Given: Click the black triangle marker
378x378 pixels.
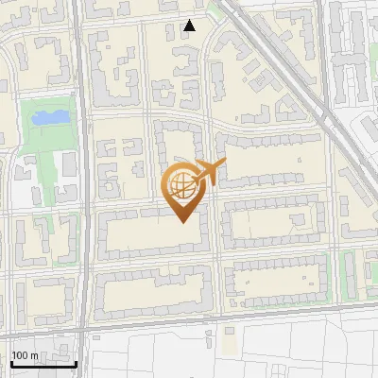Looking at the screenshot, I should point(190,26).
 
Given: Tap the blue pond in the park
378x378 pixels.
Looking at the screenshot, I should point(49,118).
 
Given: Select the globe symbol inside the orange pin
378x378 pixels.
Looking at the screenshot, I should point(180,185).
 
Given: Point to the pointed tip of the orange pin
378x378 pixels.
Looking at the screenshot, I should point(181,222).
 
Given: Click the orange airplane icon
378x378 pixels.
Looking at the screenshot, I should point(209,172).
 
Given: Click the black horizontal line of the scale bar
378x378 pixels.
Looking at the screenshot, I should point(43,364).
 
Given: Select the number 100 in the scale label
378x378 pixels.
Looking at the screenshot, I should point(20,356).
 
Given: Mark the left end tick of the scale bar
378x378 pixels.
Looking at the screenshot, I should point(11,362).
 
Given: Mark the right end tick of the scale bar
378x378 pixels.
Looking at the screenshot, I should point(76,362).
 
